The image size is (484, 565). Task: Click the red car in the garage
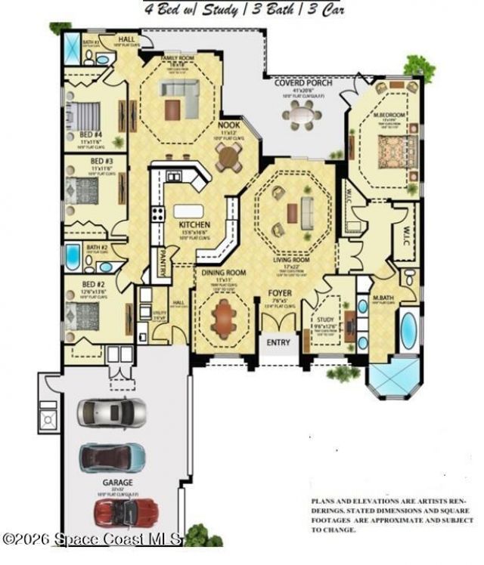point(126,511)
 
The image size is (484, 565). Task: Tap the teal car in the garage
point(113,456)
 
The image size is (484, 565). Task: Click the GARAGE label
point(118,481)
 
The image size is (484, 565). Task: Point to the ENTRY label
point(278,342)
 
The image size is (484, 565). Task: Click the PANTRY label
point(162,264)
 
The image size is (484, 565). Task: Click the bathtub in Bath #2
point(74,258)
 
